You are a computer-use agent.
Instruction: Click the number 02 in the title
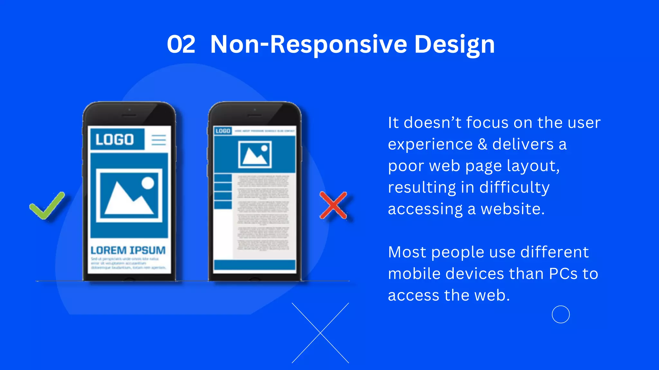tap(181, 44)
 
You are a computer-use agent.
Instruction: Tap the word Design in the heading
tap(454, 44)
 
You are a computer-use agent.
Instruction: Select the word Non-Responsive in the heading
tap(309, 44)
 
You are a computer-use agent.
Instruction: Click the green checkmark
tap(47, 206)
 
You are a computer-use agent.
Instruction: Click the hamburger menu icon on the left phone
tap(159, 140)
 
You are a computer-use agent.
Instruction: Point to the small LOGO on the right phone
tap(223, 131)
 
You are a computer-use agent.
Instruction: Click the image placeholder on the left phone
tap(129, 195)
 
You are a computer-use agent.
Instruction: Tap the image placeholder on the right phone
tap(255, 154)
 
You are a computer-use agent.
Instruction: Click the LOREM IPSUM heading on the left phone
tap(128, 250)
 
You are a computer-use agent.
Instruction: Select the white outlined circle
tap(561, 314)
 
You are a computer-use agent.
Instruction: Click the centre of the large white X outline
tap(320, 333)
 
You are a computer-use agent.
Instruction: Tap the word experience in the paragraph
tap(430, 144)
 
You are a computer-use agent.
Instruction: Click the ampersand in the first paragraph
tap(482, 144)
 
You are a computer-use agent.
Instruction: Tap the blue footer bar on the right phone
tap(255, 265)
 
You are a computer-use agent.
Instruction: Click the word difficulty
tap(514, 188)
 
